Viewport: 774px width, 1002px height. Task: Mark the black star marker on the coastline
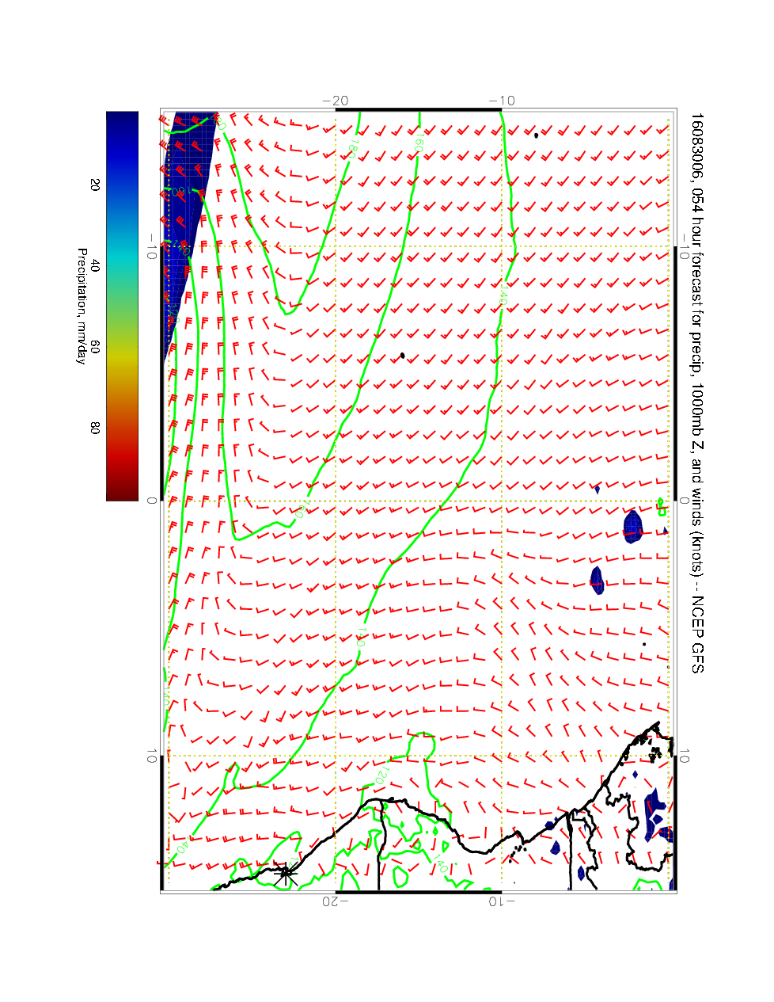click(x=286, y=874)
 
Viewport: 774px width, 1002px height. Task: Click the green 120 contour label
click(x=377, y=775)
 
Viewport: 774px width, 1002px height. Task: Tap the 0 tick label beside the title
click(x=685, y=501)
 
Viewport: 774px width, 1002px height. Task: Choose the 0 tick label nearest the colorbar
click(x=151, y=501)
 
